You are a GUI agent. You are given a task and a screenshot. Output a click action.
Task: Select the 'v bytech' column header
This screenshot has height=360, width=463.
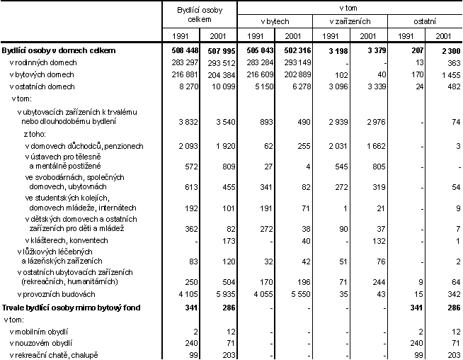pyautogui.click(x=275, y=23)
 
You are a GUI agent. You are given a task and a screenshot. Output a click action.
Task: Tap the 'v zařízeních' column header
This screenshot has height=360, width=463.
pyautogui.click(x=350, y=23)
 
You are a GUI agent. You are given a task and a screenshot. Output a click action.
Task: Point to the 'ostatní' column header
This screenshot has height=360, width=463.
pyautogui.click(x=424, y=23)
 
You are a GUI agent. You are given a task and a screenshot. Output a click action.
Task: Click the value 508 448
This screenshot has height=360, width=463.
pyautogui.click(x=179, y=51)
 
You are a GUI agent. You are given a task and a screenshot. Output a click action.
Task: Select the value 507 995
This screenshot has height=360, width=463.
pyautogui.click(x=217, y=51)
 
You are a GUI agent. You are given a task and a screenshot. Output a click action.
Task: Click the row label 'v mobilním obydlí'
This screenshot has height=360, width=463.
pyautogui.click(x=42, y=331)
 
